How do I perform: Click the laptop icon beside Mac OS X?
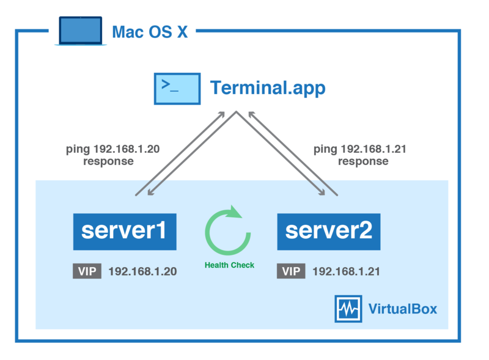click(x=81, y=31)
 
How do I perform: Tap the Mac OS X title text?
click(x=150, y=32)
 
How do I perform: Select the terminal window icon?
click(x=177, y=89)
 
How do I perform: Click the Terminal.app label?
click(x=268, y=87)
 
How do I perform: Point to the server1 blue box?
click(x=125, y=232)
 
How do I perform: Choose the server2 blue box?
click(x=329, y=232)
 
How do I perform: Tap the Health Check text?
click(x=229, y=265)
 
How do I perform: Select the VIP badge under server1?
click(x=87, y=271)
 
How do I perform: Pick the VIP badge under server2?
click(x=291, y=271)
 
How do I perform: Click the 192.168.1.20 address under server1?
click(x=142, y=271)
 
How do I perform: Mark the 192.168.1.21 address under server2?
click(x=346, y=271)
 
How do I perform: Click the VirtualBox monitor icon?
click(x=348, y=309)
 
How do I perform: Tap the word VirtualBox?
click(x=403, y=309)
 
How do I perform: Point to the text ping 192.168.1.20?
click(x=112, y=149)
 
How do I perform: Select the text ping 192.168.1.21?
click(x=360, y=149)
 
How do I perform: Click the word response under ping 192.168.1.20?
click(x=108, y=161)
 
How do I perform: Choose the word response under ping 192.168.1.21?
click(x=363, y=161)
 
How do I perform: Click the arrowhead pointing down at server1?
click(x=150, y=193)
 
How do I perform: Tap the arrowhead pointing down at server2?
click(x=322, y=193)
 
